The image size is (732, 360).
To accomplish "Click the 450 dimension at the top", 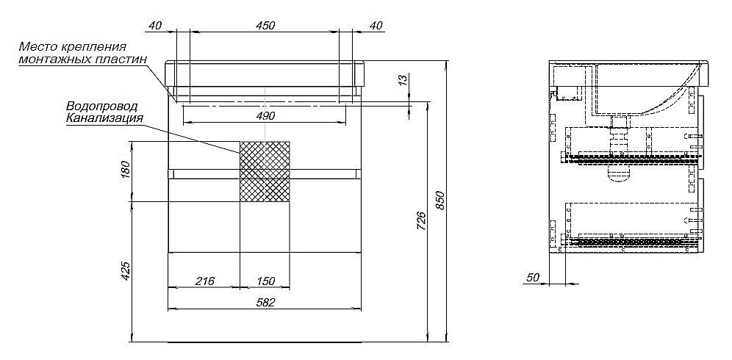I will [265, 26].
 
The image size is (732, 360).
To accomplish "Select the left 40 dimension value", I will [154, 26].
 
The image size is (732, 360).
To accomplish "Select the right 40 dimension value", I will [376, 26].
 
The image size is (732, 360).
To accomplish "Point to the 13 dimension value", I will [400, 80].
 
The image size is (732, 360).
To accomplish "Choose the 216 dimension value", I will [204, 281].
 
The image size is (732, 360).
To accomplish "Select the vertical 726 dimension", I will [420, 220].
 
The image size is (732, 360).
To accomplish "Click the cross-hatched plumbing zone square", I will [265, 170].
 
